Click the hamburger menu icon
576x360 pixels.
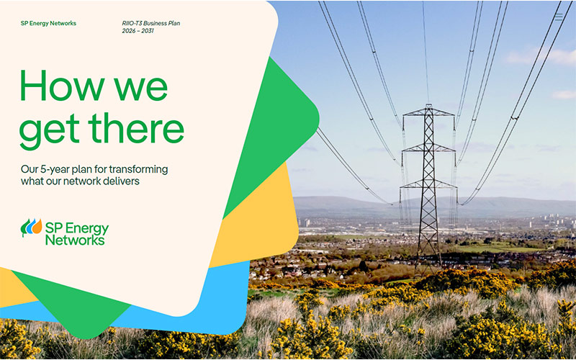[x=559, y=17]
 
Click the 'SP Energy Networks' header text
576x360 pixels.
[x=48, y=24]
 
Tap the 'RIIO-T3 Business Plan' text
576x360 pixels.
[x=151, y=23]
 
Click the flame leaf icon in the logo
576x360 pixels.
[x=31, y=228]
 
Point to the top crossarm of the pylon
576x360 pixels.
[x=428, y=113]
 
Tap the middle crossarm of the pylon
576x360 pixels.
[x=428, y=148]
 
